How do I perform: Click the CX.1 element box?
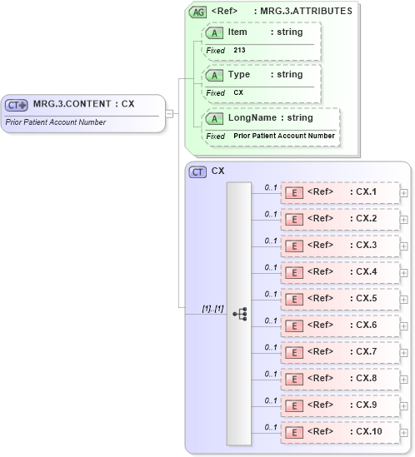(340, 192)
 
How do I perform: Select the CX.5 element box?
(340, 299)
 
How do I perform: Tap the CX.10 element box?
(340, 432)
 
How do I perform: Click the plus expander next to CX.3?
(404, 246)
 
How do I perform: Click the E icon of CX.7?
(294, 352)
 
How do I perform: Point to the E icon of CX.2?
(294, 219)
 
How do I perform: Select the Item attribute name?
(237, 31)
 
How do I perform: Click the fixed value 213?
(239, 50)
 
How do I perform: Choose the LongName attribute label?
(251, 118)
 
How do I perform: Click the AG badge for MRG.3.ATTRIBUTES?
(198, 12)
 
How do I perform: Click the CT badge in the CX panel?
(198, 171)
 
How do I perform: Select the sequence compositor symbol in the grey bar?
(239, 314)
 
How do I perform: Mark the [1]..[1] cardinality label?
(212, 309)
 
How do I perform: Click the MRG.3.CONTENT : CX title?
(83, 104)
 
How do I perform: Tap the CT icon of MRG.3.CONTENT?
(17, 105)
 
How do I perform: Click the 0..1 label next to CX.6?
(270, 320)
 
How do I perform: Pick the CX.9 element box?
(340, 405)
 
